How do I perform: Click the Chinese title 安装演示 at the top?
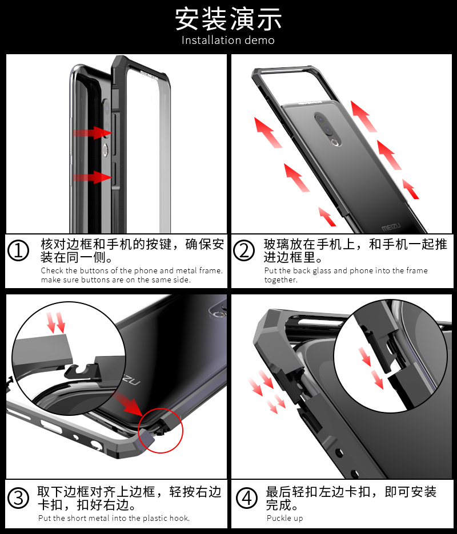pos(228,19)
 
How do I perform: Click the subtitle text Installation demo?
pos(228,41)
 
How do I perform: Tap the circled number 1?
pos(20,251)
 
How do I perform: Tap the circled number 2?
pos(244,251)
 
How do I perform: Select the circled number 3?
pos(20,498)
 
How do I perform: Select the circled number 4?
pos(247,498)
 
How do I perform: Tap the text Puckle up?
pos(284,518)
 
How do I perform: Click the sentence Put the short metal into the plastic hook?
pos(114,518)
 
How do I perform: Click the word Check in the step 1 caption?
pos(51,270)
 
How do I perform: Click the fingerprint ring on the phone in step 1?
pos(105,149)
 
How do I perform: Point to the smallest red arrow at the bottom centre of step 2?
pos(327,216)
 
